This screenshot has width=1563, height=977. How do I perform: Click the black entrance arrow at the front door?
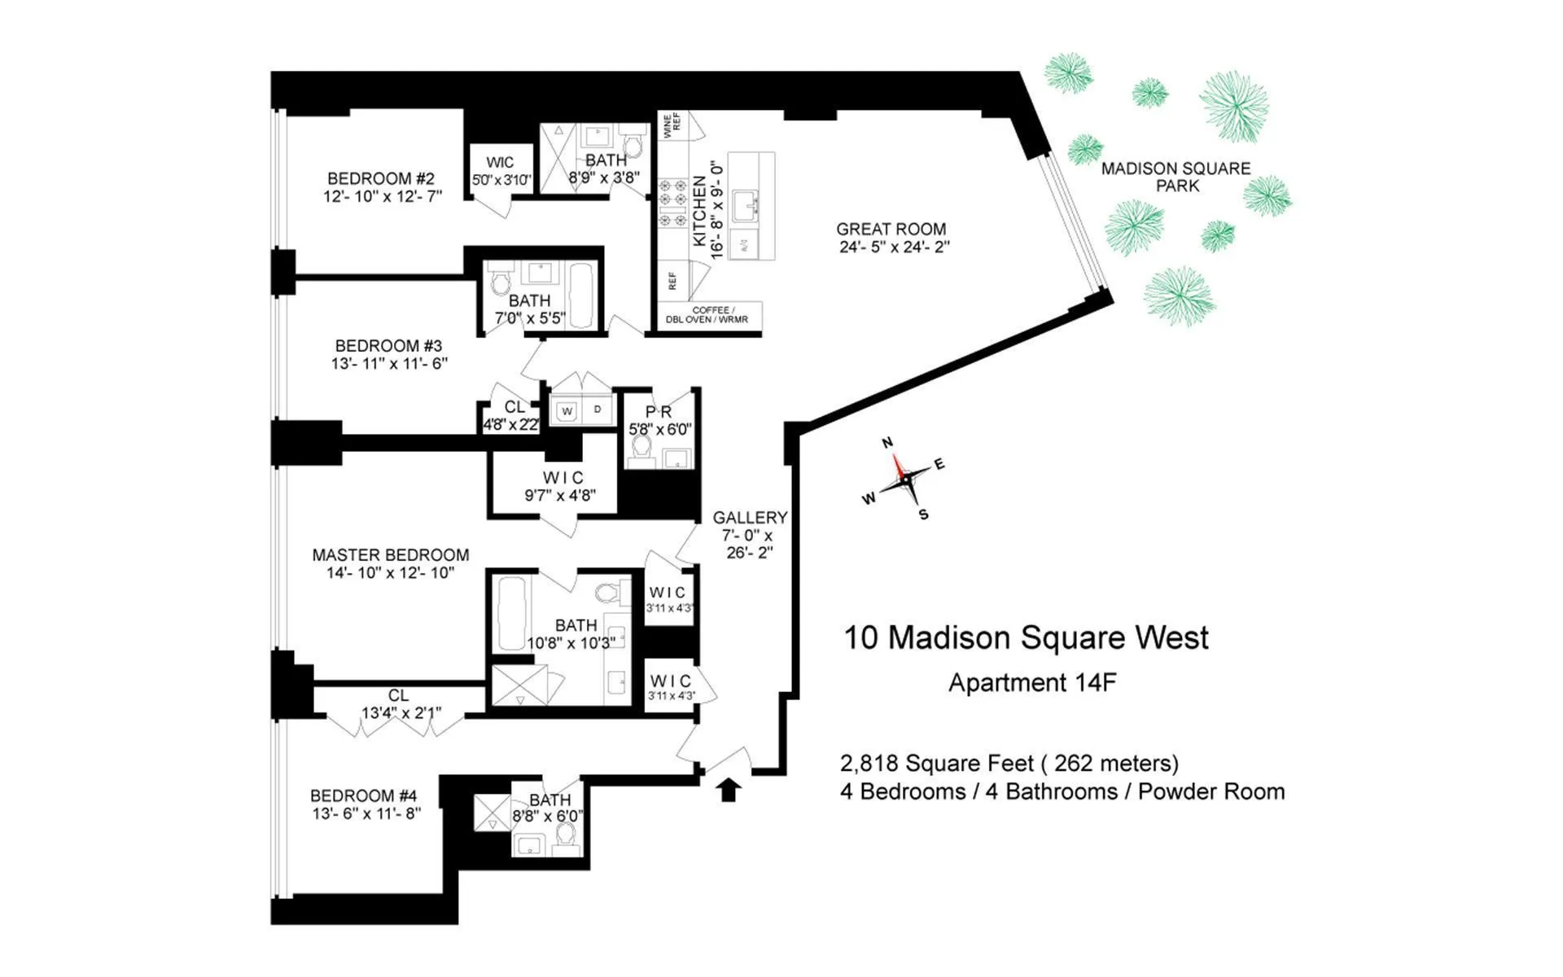pos(729,789)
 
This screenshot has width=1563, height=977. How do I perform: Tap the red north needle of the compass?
pos(899,466)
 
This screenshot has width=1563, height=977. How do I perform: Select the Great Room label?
pos(891,229)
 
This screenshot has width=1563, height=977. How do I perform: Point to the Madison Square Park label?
pos(1176,177)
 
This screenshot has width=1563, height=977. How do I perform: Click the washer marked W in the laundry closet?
pos(567,411)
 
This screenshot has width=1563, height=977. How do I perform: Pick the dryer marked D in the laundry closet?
pos(598,410)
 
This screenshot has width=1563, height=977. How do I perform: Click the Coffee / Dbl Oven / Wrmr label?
pos(707,315)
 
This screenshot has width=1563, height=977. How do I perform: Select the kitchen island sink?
pos(746,206)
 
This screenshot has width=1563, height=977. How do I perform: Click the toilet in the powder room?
pos(642,447)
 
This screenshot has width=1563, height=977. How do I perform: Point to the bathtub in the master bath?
pos(512,612)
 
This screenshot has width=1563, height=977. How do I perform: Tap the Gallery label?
pos(750,518)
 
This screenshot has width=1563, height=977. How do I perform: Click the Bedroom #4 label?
pos(364,795)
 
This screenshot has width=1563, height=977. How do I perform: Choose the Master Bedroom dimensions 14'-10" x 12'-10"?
pos(391,573)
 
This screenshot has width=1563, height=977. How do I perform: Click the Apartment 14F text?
pos(1032,682)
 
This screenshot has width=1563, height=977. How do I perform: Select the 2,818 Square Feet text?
pos(936,764)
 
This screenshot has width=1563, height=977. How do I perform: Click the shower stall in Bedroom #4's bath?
pos(492,813)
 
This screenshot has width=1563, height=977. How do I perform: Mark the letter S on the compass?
pos(923,515)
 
